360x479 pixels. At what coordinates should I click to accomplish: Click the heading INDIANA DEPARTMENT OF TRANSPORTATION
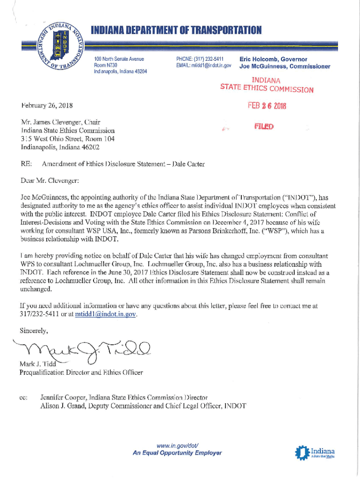coord(176,31)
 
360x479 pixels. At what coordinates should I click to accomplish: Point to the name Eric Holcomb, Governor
coord(273,59)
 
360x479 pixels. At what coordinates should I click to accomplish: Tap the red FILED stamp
coord(264,126)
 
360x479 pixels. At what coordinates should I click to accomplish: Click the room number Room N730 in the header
coord(105,65)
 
